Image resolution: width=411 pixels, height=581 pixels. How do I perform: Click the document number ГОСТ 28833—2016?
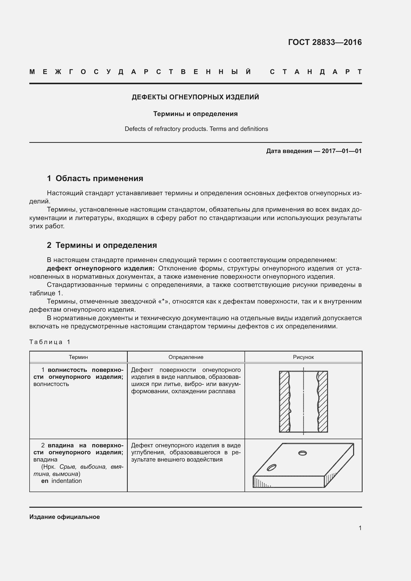tap(325, 42)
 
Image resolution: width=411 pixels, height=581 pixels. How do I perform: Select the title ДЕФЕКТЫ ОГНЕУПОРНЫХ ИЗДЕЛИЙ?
tap(195, 97)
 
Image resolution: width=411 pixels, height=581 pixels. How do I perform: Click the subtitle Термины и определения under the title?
tap(195, 114)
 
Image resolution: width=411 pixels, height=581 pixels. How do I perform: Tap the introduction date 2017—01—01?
tap(341, 151)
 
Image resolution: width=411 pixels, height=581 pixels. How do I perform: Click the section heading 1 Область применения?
tap(95, 178)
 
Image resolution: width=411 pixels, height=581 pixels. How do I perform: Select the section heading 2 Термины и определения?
tap(102, 245)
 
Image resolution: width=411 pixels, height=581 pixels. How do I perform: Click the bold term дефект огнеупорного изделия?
tap(100, 268)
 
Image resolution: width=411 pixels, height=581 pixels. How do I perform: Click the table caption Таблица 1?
tap(50, 342)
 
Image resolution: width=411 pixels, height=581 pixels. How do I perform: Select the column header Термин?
tap(78, 357)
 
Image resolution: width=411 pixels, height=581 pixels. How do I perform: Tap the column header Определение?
tap(186, 357)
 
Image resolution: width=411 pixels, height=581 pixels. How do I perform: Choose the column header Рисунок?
tap(303, 357)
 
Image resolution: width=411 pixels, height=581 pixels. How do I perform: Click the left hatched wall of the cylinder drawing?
tap(284, 402)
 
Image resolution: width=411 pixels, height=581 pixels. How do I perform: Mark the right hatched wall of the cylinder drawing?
tap(323, 402)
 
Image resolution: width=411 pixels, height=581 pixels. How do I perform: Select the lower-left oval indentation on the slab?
tap(272, 468)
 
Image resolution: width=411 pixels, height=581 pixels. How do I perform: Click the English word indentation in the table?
tap(67, 481)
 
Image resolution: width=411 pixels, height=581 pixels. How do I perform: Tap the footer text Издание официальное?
tap(65, 517)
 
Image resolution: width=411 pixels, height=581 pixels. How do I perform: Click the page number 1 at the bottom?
tap(360, 528)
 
